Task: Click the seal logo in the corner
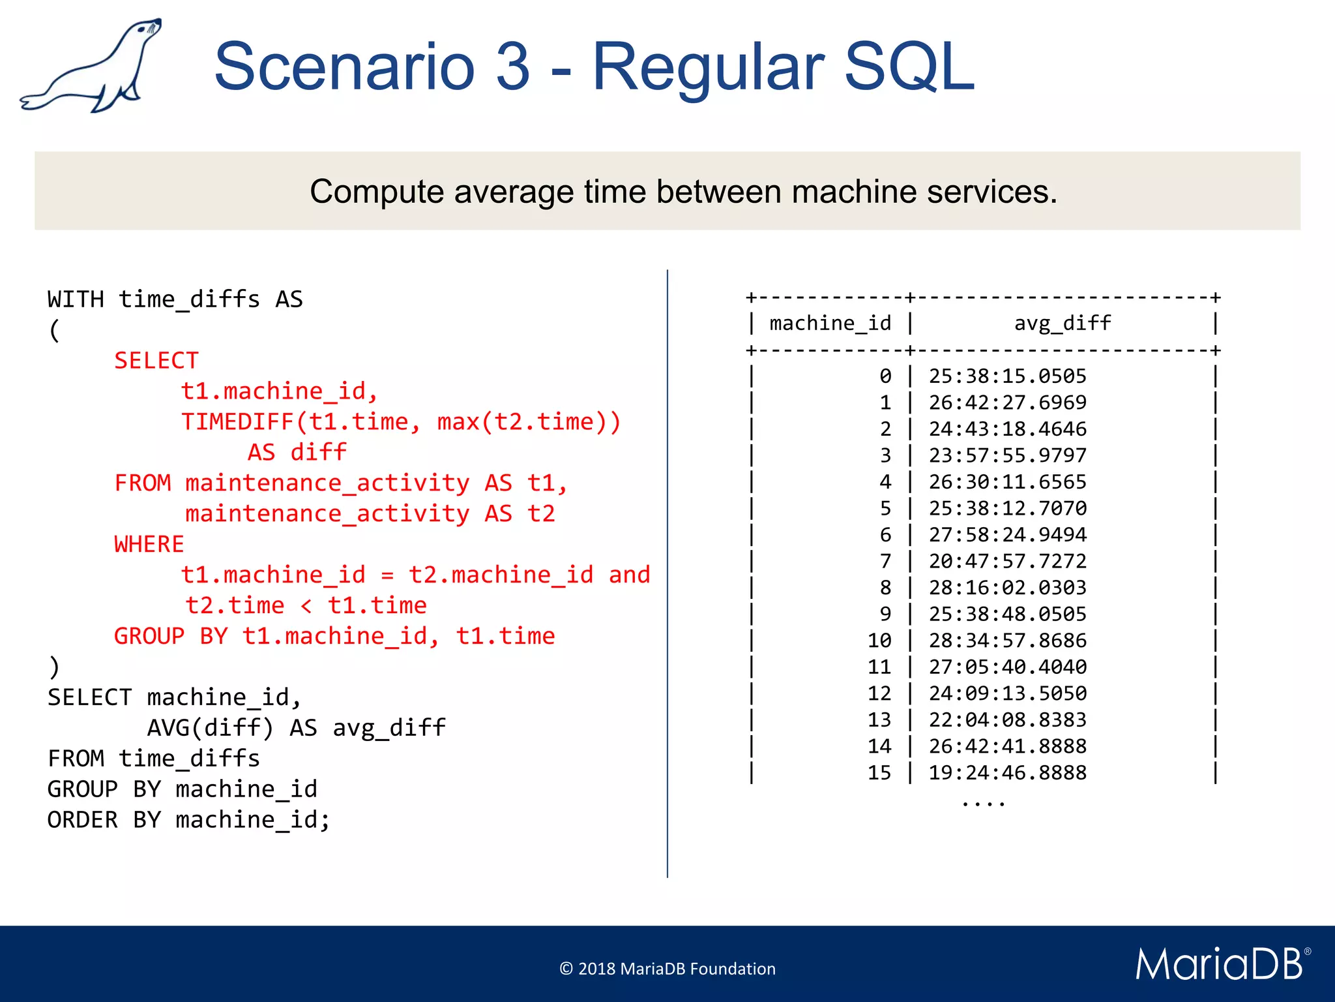(x=91, y=65)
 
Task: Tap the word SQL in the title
(x=909, y=67)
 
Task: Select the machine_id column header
(x=830, y=324)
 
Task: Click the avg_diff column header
(x=1062, y=324)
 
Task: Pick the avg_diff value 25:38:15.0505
(x=1007, y=376)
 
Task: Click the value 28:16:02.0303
(x=1007, y=588)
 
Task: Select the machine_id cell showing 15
(x=879, y=773)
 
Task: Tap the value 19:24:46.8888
(x=1007, y=773)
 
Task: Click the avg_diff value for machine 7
(x=1007, y=561)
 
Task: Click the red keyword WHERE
(x=149, y=544)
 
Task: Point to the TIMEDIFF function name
(x=237, y=422)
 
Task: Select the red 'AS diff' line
(x=297, y=452)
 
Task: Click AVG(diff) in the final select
(x=210, y=728)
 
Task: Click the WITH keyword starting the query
(x=75, y=299)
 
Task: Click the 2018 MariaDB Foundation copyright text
(x=667, y=969)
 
